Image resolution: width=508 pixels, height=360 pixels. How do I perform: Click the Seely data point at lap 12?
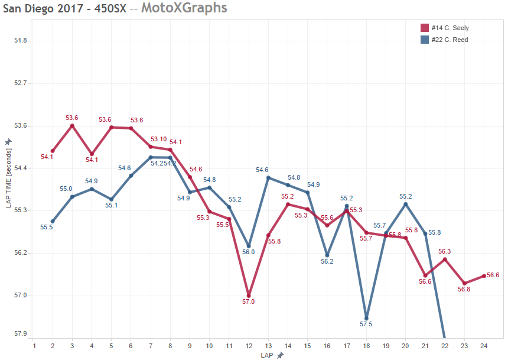click(249, 296)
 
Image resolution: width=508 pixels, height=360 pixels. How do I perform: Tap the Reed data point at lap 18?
click(366, 318)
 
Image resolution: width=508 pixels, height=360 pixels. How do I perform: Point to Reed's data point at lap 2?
click(53, 221)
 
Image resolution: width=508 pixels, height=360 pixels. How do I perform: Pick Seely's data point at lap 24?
click(484, 276)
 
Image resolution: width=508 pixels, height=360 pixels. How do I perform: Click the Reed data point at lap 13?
click(268, 177)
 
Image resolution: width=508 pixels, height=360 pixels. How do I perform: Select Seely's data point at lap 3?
click(72, 125)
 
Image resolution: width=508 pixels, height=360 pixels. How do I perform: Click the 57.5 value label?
click(366, 325)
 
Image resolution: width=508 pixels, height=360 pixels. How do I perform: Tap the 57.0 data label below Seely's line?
click(249, 302)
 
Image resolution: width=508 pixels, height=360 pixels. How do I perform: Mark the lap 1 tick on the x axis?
click(34, 346)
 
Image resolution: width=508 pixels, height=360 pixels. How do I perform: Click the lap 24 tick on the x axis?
click(484, 346)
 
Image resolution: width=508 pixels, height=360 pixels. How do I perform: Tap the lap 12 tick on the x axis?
click(249, 346)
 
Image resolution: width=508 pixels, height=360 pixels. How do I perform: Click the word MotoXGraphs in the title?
click(184, 8)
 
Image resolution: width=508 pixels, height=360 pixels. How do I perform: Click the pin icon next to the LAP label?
click(280, 355)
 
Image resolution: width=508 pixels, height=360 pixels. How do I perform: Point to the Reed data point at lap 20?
click(405, 204)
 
